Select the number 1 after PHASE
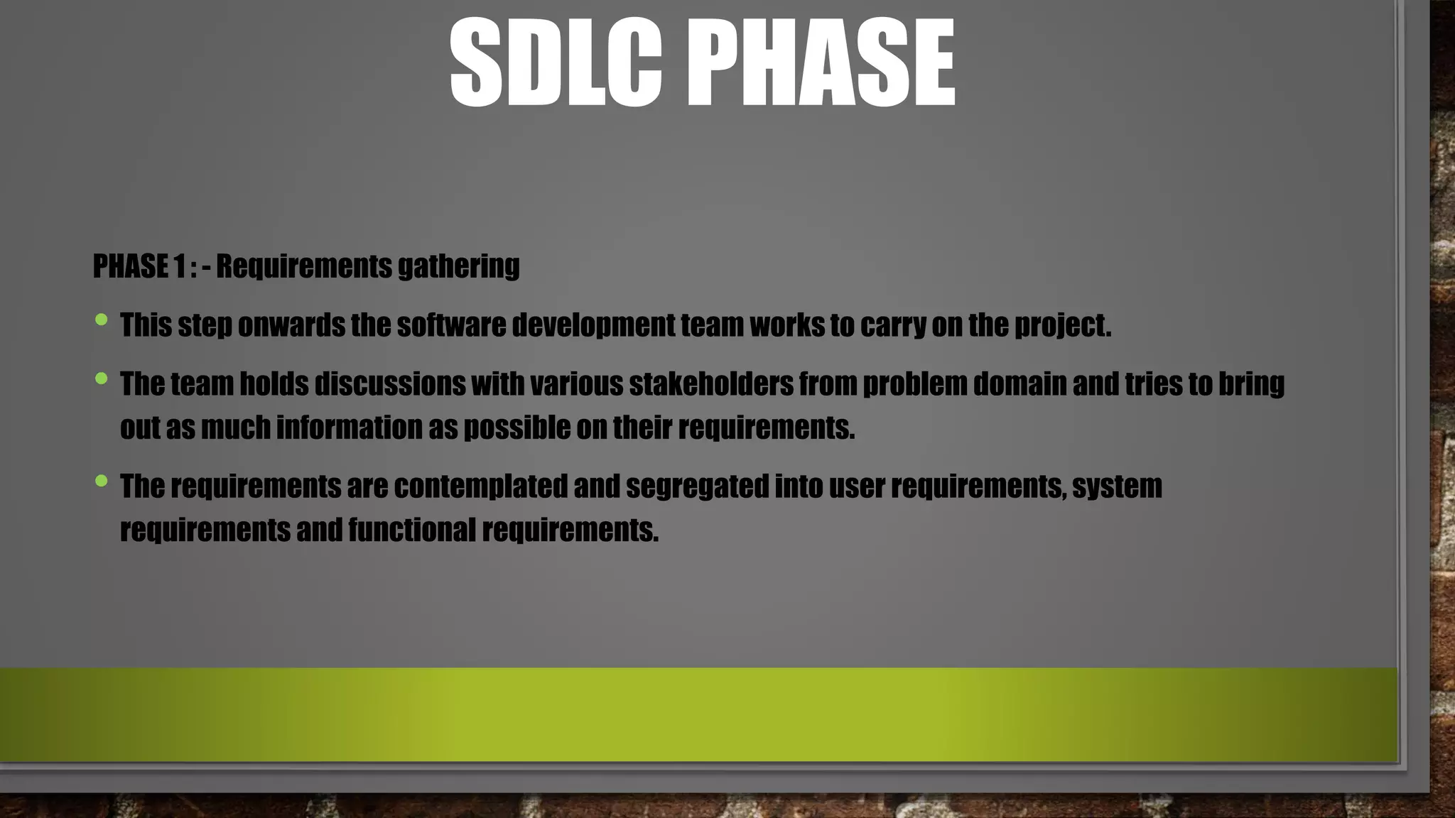(178, 266)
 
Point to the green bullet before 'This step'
(101, 320)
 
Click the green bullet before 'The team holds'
(101, 378)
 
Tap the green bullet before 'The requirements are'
(101, 481)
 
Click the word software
(451, 325)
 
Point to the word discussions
(389, 384)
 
